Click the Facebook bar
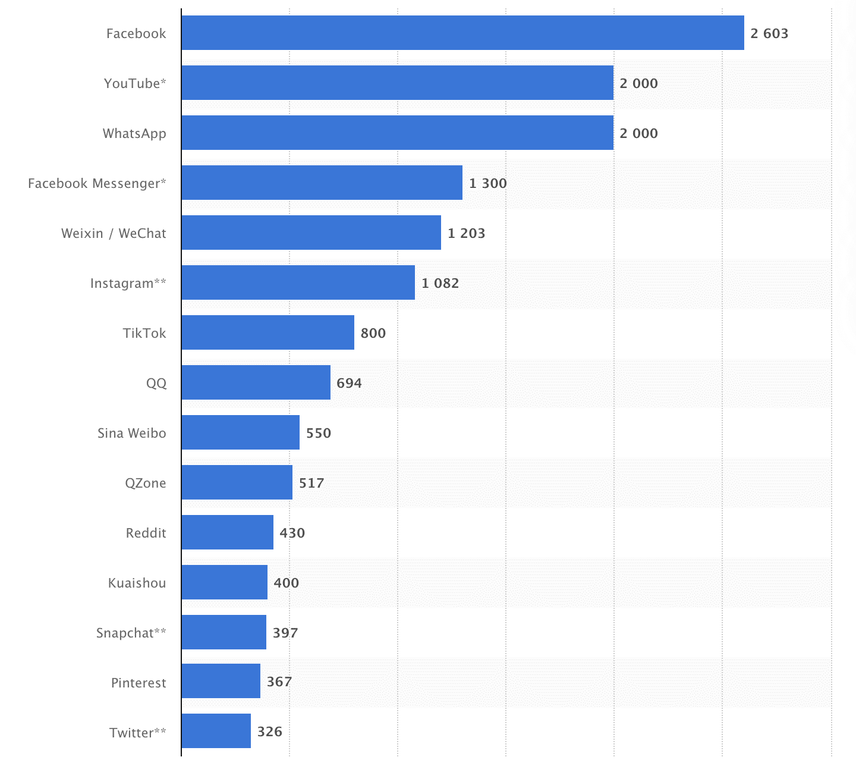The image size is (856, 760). coord(462,33)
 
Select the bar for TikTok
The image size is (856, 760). coord(267,332)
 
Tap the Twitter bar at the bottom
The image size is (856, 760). coord(216,731)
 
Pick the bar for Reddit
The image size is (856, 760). coord(227,532)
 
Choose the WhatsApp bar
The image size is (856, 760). coord(397,133)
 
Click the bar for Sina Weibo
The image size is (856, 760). coord(240,432)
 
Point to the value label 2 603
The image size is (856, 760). coord(769,33)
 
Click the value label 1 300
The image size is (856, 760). coord(487,183)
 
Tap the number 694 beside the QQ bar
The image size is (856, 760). coord(349,383)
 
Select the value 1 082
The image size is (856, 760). coord(440,283)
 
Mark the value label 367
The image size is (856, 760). coord(279,682)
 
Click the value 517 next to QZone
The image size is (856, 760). coord(311,483)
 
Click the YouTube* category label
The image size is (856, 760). coord(135,83)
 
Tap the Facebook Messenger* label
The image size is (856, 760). coord(97,183)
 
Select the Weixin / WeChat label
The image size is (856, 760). coord(114,233)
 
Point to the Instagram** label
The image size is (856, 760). coord(128,283)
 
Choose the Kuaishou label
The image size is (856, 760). coord(137,583)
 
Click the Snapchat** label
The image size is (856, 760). coord(131,633)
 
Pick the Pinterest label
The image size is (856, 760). coord(139,683)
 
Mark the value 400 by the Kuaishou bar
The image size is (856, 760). coord(286,583)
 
